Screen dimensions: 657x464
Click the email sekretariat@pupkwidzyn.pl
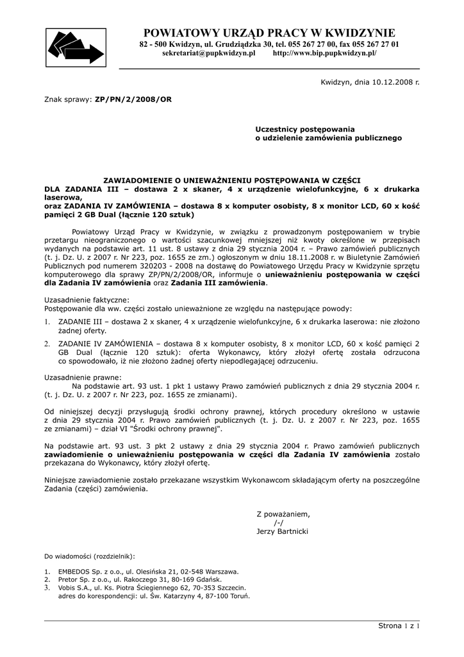click(208, 53)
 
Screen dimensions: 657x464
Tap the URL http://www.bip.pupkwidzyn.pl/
click(325, 53)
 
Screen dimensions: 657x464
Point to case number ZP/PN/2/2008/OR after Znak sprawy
click(133, 100)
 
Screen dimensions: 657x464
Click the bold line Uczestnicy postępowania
click(305, 129)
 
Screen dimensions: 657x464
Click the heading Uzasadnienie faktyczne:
click(87, 300)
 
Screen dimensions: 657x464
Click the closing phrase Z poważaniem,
click(283, 514)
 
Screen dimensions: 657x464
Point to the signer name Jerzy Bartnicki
click(282, 532)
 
